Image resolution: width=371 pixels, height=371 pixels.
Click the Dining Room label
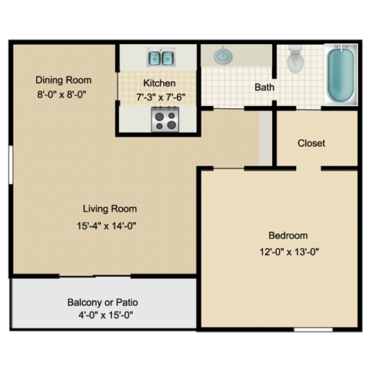[x=63, y=80]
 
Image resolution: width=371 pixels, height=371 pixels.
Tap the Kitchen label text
[x=159, y=83]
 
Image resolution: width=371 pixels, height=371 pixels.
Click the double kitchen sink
[x=160, y=57]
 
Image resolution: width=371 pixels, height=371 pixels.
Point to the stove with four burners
[x=165, y=120]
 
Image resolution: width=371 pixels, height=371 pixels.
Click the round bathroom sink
[x=223, y=56]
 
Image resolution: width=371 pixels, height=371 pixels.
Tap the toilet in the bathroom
[x=294, y=60]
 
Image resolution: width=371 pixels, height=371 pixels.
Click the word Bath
[x=264, y=87]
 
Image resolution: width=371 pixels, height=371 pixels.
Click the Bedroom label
[x=288, y=236]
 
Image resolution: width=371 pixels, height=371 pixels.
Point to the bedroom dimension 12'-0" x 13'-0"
[x=288, y=251]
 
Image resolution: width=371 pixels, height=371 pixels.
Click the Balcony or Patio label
[x=104, y=302]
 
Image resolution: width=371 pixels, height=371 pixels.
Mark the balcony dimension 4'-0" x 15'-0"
[x=104, y=315]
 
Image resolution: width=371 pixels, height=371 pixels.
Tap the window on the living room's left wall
[x=11, y=164]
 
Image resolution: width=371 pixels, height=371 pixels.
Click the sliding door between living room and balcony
[x=95, y=276]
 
